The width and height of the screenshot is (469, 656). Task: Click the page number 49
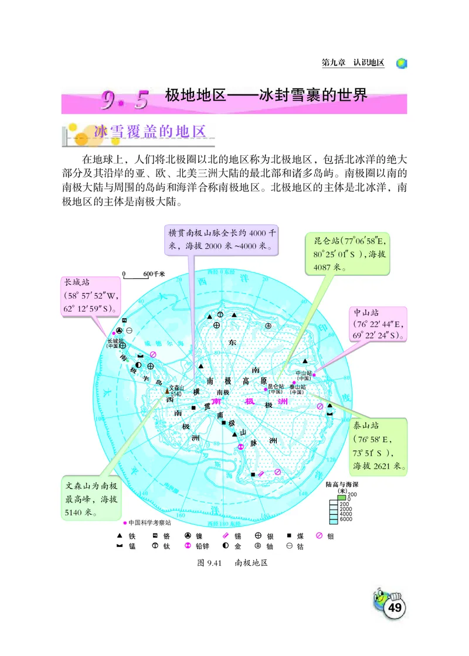[395, 608]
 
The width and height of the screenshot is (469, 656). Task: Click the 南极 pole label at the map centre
[222, 392]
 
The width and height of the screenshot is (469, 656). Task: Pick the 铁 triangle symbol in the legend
[120, 535]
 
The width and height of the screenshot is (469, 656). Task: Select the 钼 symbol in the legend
[320, 535]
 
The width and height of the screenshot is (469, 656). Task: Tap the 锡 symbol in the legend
[226, 535]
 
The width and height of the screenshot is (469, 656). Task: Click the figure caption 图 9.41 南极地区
[232, 562]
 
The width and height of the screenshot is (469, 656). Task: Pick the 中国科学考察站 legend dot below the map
[125, 523]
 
